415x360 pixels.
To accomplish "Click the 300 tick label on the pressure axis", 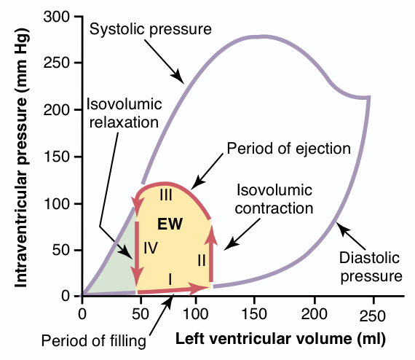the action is [56, 17].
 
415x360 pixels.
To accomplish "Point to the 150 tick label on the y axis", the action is [56, 157].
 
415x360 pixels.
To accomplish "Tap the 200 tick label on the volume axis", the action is [314, 315].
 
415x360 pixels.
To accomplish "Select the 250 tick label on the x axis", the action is [372, 316].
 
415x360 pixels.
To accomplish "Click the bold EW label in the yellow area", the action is [170, 224].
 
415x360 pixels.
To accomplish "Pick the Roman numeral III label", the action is [166, 195].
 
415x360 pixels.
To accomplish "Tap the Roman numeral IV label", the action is [151, 249].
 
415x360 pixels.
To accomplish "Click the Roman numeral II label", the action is [202, 260].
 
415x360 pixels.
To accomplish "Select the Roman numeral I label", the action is [170, 279].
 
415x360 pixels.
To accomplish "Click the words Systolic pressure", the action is [150, 29].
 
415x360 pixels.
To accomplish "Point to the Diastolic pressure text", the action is [371, 267].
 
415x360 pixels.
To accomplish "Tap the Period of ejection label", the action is [289, 149].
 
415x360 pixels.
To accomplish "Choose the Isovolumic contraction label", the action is [274, 199].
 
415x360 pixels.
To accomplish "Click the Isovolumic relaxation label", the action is [124, 114].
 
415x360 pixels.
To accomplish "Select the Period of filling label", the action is [94, 341].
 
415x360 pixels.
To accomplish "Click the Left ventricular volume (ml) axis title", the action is [280, 340].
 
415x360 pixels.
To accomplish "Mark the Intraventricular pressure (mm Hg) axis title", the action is [21, 158].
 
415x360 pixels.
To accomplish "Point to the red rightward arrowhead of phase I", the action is [199, 288].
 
